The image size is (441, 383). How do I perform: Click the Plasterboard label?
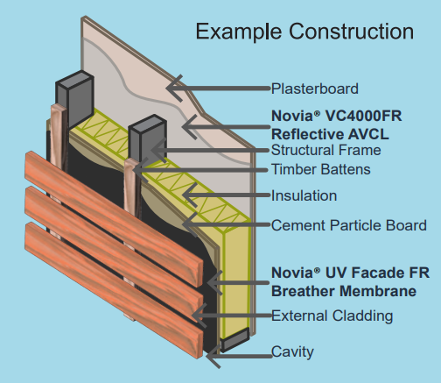tap(315, 89)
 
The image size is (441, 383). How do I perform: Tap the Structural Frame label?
tap(326, 150)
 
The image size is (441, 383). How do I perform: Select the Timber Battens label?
tap(321, 169)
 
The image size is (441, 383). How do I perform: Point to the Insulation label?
tap(304, 195)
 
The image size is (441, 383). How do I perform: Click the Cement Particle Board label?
tap(349, 225)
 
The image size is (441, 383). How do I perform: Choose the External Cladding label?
tap(332, 316)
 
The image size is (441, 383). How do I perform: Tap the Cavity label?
tap(292, 351)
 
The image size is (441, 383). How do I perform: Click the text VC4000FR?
tap(363, 116)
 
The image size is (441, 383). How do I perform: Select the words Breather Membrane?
tap(344, 291)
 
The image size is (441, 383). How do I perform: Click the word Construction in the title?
tap(352, 32)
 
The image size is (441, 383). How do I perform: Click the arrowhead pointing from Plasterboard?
tap(174, 88)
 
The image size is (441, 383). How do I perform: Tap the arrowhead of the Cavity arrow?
tap(213, 356)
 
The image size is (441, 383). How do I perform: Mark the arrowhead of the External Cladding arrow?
tap(199, 315)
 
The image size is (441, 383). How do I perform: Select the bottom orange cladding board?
tap(114, 290)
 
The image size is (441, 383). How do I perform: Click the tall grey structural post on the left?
tap(75, 98)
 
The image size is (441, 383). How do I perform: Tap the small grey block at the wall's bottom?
tap(234, 339)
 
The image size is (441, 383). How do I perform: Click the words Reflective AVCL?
tap(330, 135)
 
